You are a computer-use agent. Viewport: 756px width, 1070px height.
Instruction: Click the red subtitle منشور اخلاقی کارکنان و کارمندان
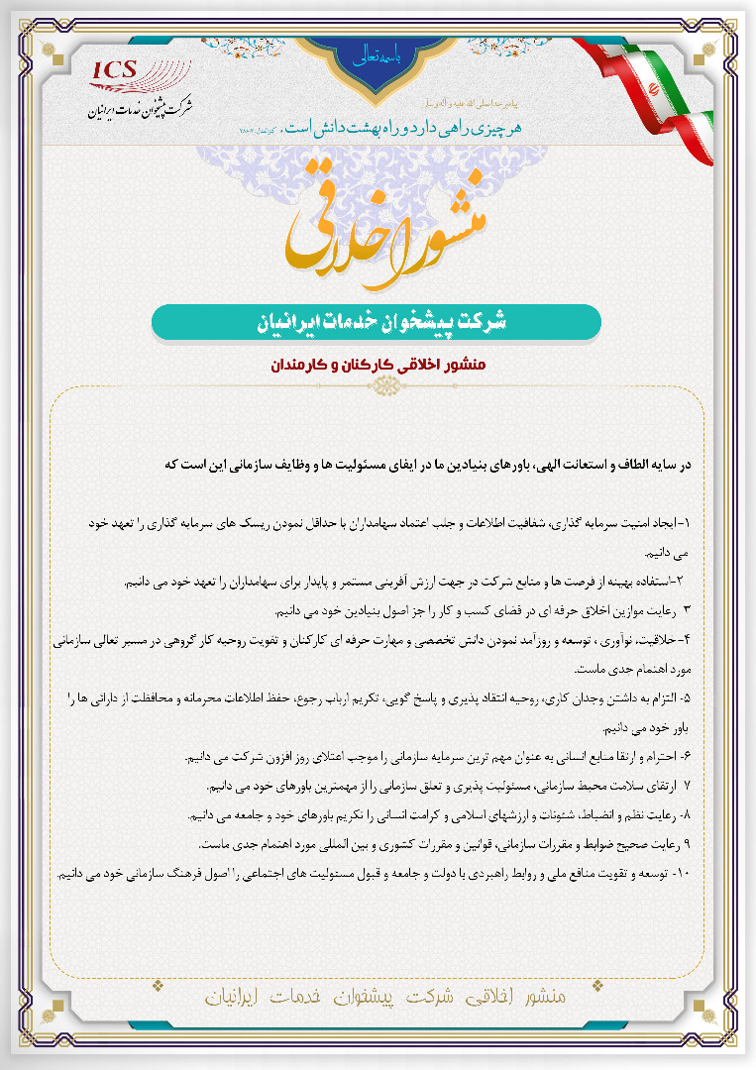378,365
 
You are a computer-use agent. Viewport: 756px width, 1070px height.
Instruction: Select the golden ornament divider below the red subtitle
378,387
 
